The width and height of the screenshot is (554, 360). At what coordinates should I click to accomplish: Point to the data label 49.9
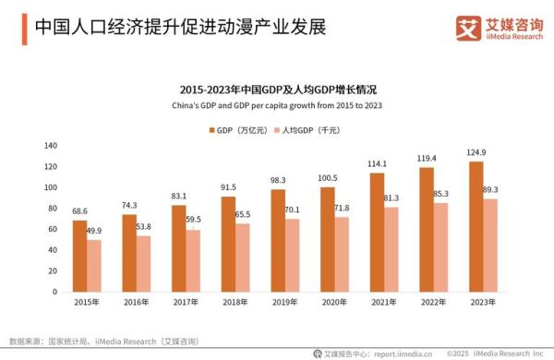[x=93, y=231]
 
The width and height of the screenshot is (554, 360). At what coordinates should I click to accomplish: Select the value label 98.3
[x=277, y=180]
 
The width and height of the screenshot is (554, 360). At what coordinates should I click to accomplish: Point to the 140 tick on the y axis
[x=51, y=146]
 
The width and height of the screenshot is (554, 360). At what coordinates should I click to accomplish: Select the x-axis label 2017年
[x=184, y=303]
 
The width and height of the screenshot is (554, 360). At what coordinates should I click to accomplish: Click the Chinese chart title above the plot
[x=277, y=89]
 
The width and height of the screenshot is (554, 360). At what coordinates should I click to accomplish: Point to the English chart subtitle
[x=277, y=105]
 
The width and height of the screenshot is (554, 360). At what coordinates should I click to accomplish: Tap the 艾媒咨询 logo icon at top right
[x=467, y=28]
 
